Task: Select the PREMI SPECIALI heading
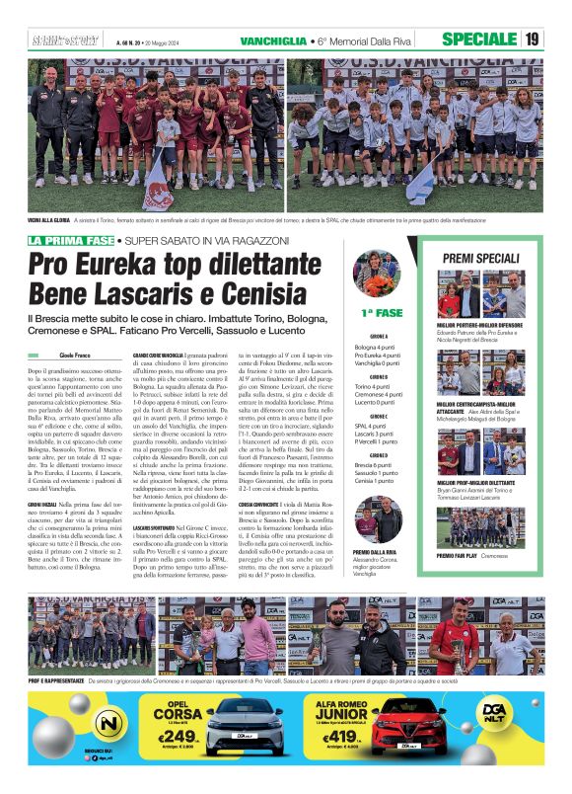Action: (480, 258)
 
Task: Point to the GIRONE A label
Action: (379, 336)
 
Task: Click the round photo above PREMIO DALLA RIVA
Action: (379, 520)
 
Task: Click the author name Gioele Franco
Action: (74, 353)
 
